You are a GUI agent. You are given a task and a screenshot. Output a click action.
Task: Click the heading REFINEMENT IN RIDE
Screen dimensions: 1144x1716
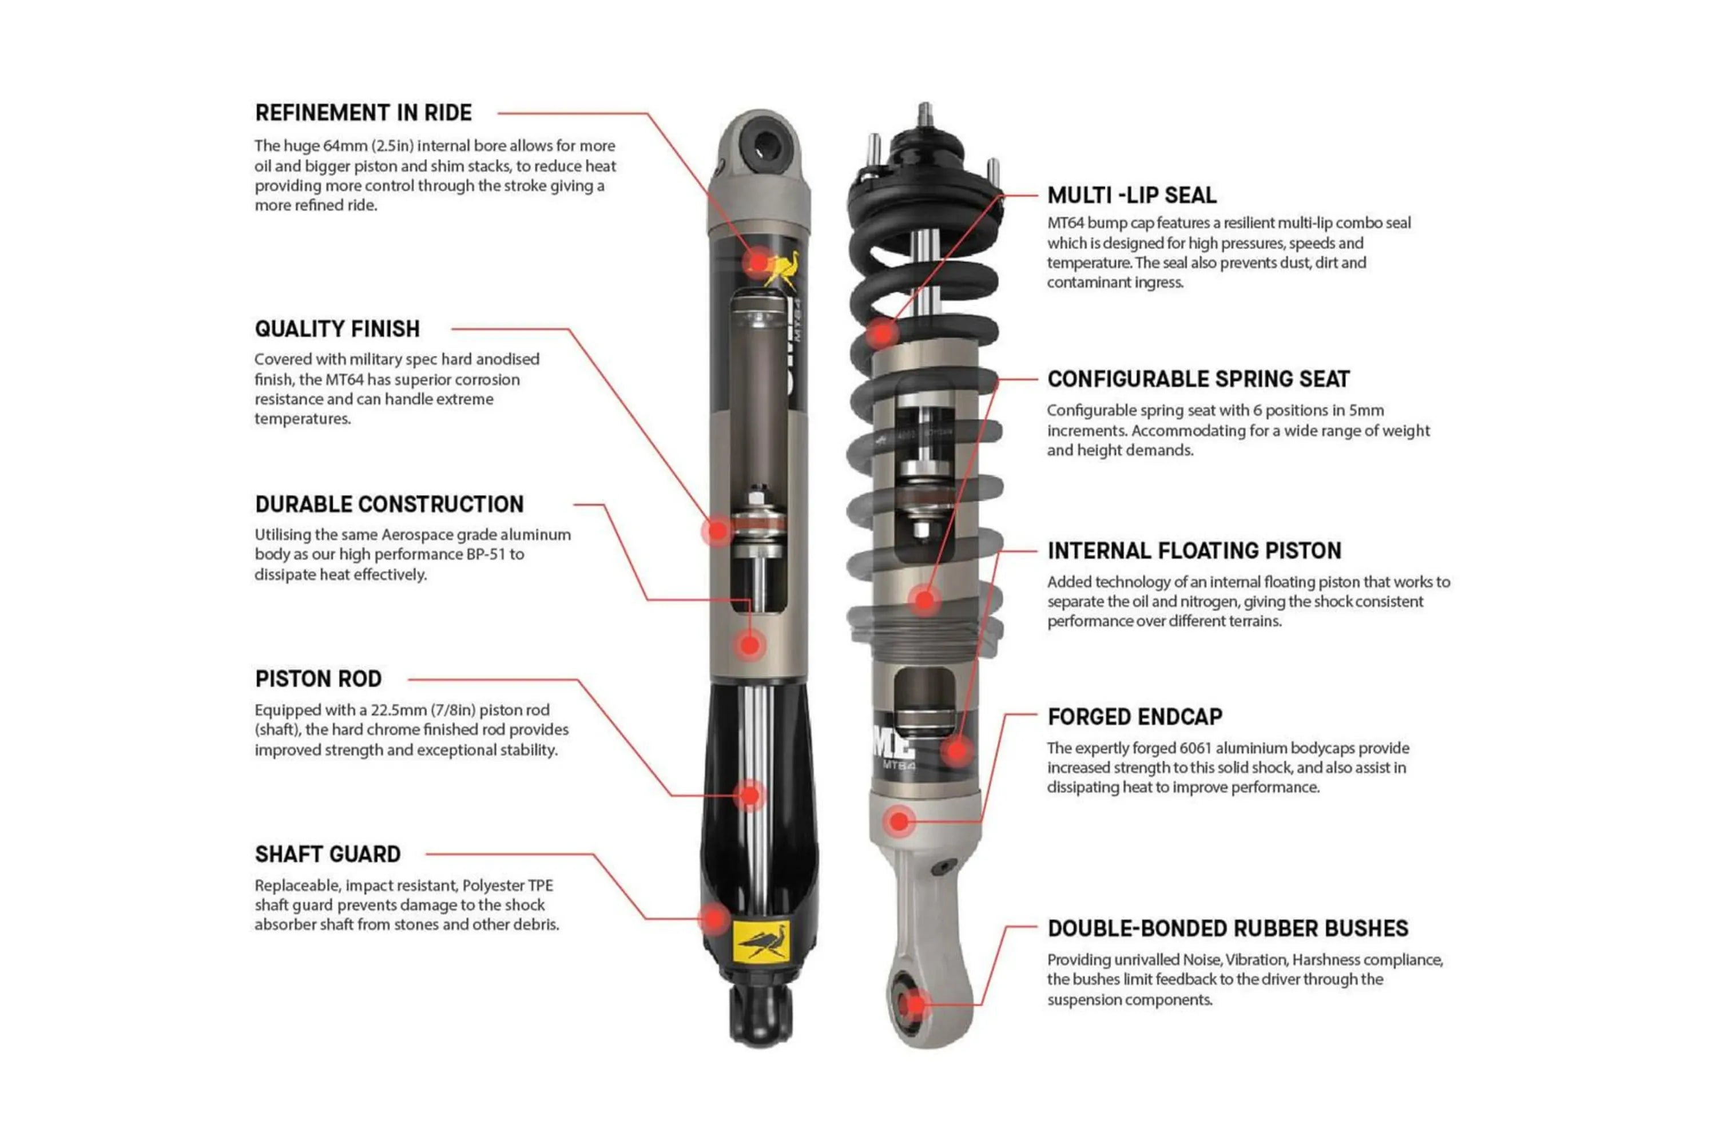[x=363, y=113]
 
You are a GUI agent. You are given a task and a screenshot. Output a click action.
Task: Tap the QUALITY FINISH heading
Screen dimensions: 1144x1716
[x=337, y=329]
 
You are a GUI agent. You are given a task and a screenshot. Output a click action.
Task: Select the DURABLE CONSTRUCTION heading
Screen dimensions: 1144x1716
[x=389, y=504]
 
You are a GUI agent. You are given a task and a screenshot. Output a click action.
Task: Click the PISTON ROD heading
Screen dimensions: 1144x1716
[x=318, y=680]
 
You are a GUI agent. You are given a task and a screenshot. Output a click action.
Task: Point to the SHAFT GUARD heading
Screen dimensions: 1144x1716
[x=328, y=855]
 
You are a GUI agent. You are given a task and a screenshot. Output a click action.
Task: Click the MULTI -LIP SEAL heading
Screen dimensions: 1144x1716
[x=1131, y=196]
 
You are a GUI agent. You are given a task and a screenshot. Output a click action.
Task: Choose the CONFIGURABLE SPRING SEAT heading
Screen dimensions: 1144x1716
[x=1198, y=379]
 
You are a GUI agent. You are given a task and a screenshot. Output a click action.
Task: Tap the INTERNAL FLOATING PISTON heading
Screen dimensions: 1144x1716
[x=1194, y=551]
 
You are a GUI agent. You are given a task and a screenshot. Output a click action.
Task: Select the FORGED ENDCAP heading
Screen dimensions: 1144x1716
[x=1134, y=717]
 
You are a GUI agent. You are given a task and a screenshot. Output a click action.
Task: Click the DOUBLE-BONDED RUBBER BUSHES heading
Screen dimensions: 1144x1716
[x=1227, y=929]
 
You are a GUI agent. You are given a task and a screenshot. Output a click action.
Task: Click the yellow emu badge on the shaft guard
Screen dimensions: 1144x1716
[x=760, y=942]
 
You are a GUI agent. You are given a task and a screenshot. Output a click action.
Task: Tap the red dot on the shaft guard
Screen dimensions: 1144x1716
[x=714, y=919]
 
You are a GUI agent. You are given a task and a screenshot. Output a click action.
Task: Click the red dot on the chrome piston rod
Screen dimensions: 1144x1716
[x=749, y=795]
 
